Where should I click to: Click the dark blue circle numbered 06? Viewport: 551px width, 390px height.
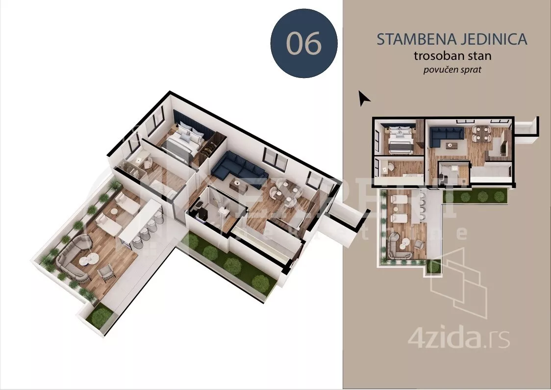[304, 44]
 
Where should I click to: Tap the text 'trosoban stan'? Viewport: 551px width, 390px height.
[452, 55]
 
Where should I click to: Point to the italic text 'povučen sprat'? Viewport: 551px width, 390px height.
[452, 70]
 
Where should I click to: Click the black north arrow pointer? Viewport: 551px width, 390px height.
[364, 99]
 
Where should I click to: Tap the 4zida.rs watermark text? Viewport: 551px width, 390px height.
[458, 338]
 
